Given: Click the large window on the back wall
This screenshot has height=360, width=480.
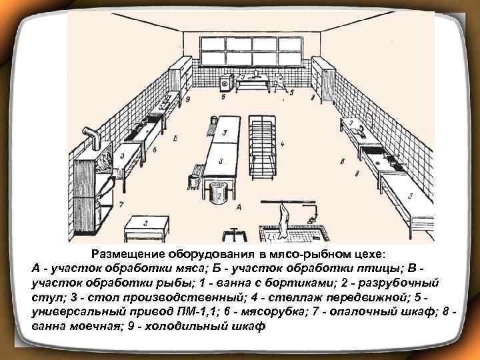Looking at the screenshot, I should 251,51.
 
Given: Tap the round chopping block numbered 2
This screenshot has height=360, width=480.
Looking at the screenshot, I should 218,194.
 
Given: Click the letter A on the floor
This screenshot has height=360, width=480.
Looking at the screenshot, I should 238,209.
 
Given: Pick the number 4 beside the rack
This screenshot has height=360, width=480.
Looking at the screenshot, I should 283,143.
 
